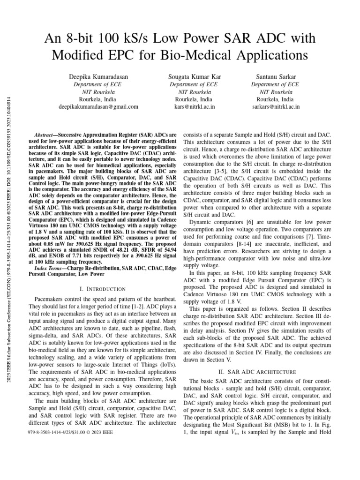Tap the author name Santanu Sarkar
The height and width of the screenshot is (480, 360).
coord(275,77)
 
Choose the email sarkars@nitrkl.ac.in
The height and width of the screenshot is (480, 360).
coord(275,107)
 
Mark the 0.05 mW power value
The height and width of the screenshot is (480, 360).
coord(59,244)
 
